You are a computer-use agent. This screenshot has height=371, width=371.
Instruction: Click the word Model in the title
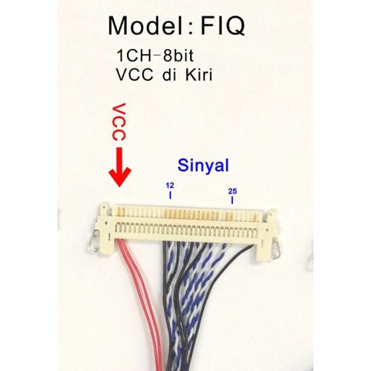pyautogui.click(x=145, y=26)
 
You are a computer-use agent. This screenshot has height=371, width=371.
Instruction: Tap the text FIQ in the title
pyautogui.click(x=223, y=26)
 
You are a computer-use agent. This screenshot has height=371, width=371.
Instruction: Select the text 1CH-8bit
pyautogui.click(x=155, y=56)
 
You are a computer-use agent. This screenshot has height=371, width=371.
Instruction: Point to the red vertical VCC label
pyautogui.click(x=119, y=122)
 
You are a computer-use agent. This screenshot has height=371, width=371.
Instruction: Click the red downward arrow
pyautogui.click(x=120, y=167)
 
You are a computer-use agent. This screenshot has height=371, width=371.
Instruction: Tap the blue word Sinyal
pyautogui.click(x=203, y=165)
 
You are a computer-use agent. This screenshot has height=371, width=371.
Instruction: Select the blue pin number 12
pyautogui.click(x=170, y=185)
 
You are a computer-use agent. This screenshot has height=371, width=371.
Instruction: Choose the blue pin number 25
pyautogui.click(x=232, y=191)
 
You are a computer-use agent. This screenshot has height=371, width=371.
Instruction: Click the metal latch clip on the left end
pyautogui.click(x=93, y=243)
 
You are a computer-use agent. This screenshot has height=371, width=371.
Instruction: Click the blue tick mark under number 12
pyautogui.click(x=170, y=195)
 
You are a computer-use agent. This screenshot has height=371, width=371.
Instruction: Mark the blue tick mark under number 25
pyautogui.click(x=232, y=200)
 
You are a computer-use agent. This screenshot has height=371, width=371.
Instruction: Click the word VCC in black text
pyautogui.click(x=134, y=74)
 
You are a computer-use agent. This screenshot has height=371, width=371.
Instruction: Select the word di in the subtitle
pyautogui.click(x=169, y=74)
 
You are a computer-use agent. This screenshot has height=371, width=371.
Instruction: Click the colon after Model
pyautogui.click(x=191, y=29)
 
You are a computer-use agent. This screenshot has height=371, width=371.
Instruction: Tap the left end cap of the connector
pyautogui.click(x=106, y=229)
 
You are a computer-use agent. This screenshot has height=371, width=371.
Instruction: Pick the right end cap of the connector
pyautogui.click(x=265, y=235)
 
